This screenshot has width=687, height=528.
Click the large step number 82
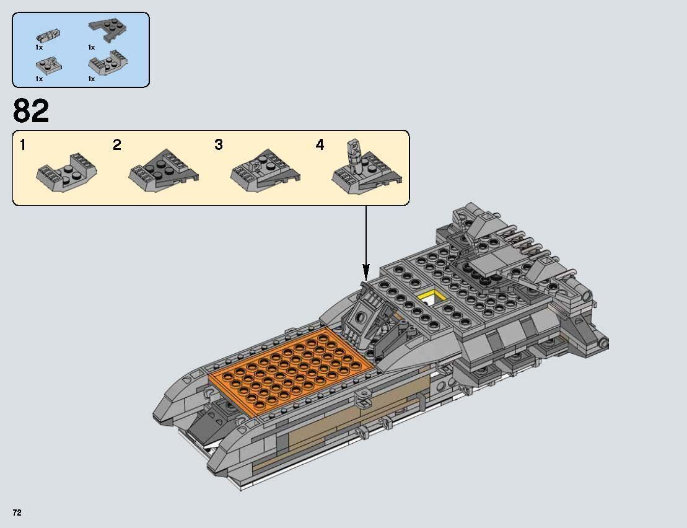pyautogui.click(x=31, y=112)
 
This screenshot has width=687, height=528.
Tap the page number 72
pyautogui.click(x=17, y=513)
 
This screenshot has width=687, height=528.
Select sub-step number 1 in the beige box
pyautogui.click(x=23, y=146)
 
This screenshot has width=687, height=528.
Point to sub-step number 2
pyautogui.click(x=117, y=146)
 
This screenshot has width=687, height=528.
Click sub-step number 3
pyautogui.click(x=219, y=146)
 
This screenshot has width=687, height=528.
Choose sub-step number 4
pyautogui.click(x=320, y=146)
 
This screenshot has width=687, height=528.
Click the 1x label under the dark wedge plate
pyautogui.click(x=91, y=47)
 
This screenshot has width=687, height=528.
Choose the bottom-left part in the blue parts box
pyautogui.click(x=47, y=63)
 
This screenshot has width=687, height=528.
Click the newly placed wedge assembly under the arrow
pyautogui.click(x=364, y=313)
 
